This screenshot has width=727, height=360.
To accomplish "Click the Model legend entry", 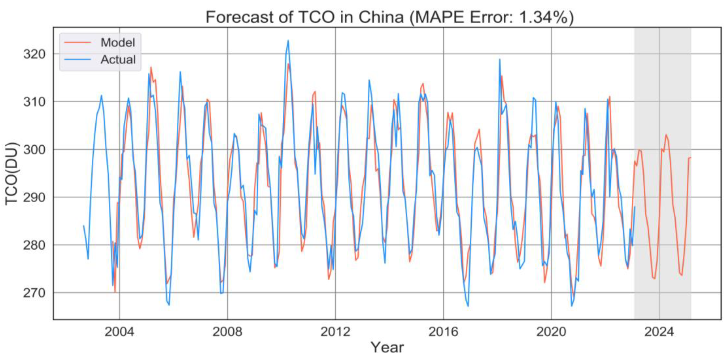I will coord(118,43).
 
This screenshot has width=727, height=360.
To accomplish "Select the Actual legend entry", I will coord(118,60).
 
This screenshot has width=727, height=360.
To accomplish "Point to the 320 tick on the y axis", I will coord(34,54).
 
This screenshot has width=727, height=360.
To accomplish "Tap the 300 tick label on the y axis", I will coord(34,150).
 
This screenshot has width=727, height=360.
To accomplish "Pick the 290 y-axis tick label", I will coord(34,197).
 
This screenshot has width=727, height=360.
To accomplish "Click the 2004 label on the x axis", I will coord(119,332).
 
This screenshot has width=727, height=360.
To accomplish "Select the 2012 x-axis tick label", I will coord(335,332).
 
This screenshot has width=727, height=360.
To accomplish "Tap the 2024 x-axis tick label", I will coord(659,332).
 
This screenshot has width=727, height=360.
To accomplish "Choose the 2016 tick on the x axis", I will coord(443,332).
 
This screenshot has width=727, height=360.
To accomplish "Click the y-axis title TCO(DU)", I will coord(12,173).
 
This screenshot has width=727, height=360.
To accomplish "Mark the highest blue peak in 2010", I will coord(288,40).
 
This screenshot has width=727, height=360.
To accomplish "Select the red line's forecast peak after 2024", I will coord(666,135).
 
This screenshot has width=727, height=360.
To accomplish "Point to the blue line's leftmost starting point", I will coord(83,225).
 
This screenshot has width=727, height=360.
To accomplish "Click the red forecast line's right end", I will coord(690,157).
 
